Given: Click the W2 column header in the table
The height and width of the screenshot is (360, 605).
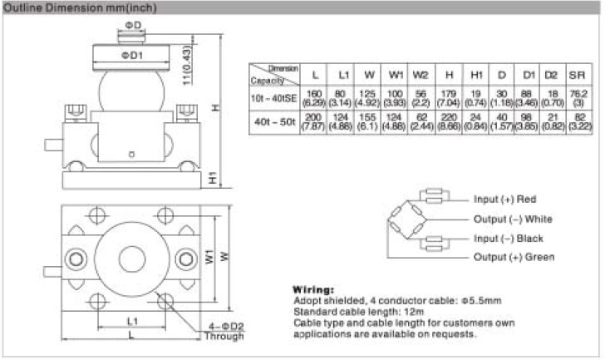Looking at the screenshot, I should pos(421,76).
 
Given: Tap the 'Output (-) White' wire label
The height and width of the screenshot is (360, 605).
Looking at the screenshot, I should pos(513,219).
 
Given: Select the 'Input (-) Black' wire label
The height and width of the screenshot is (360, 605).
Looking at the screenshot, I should pos(509,239).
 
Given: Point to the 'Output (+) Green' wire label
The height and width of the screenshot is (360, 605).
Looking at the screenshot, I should pos(514,258).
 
